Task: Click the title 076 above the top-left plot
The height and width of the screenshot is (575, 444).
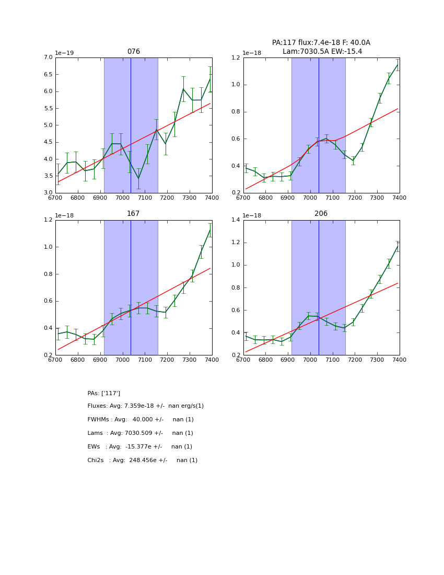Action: point(133,52)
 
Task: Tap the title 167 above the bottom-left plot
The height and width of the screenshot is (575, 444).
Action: point(133,214)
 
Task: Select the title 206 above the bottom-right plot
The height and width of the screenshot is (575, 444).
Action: point(321,214)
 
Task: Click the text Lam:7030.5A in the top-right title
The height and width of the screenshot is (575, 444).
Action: point(301,51)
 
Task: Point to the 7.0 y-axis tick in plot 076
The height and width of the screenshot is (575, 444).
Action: point(48,57)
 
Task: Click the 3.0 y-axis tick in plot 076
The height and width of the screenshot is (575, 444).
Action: point(48,193)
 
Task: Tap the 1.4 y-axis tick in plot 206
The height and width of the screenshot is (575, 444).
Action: point(236,220)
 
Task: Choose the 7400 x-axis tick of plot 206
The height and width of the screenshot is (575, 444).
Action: point(399,361)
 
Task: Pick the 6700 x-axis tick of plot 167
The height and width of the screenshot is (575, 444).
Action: point(55,361)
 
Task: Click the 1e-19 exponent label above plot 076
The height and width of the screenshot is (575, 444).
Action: point(64,53)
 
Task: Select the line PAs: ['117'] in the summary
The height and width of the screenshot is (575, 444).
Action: point(104,393)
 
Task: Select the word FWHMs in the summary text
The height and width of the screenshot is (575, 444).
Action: point(98,420)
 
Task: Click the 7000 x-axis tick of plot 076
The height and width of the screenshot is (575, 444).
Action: point(122,199)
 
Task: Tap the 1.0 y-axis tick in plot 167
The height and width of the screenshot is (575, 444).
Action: point(48,247)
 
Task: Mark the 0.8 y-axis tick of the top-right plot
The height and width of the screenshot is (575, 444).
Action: point(236,112)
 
